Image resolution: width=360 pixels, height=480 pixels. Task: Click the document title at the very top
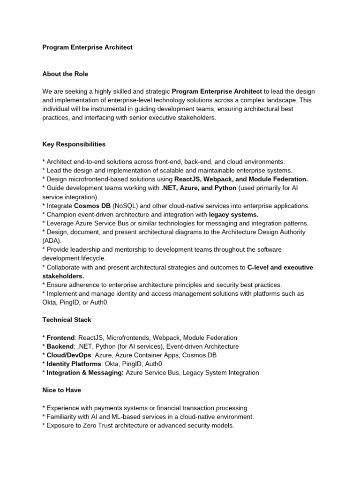(x=87, y=47)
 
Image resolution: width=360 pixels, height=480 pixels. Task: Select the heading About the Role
(x=65, y=74)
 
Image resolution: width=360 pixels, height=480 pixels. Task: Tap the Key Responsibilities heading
(x=74, y=144)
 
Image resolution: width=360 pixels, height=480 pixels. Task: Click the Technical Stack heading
(x=67, y=320)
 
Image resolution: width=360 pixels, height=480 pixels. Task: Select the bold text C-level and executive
(x=280, y=267)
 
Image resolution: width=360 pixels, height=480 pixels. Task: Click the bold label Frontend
(x=60, y=337)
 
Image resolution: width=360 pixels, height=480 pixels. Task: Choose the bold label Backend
(x=60, y=346)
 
